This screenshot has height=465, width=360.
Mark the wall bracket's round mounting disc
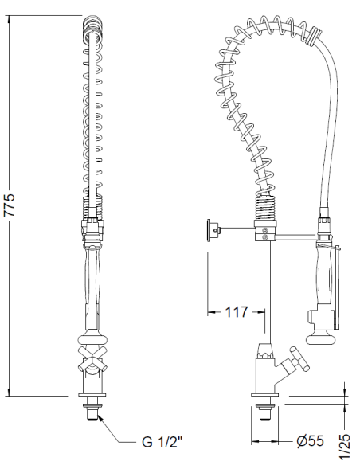pos(209,230)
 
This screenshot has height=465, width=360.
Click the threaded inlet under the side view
pos(262,414)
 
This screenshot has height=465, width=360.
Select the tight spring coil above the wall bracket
pos(264,210)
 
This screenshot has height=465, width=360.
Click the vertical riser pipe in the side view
pos(263,295)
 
